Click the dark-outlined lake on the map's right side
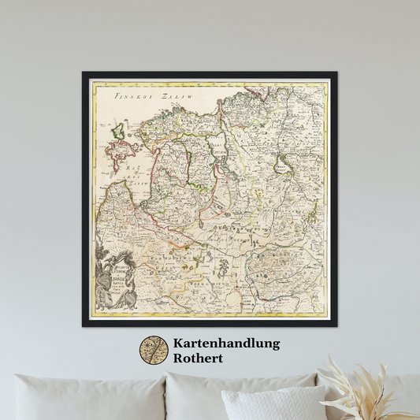pyautogui.click(x=282, y=165)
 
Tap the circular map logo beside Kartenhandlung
pyautogui.click(x=154, y=350)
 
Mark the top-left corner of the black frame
pyautogui.click(x=84, y=73)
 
